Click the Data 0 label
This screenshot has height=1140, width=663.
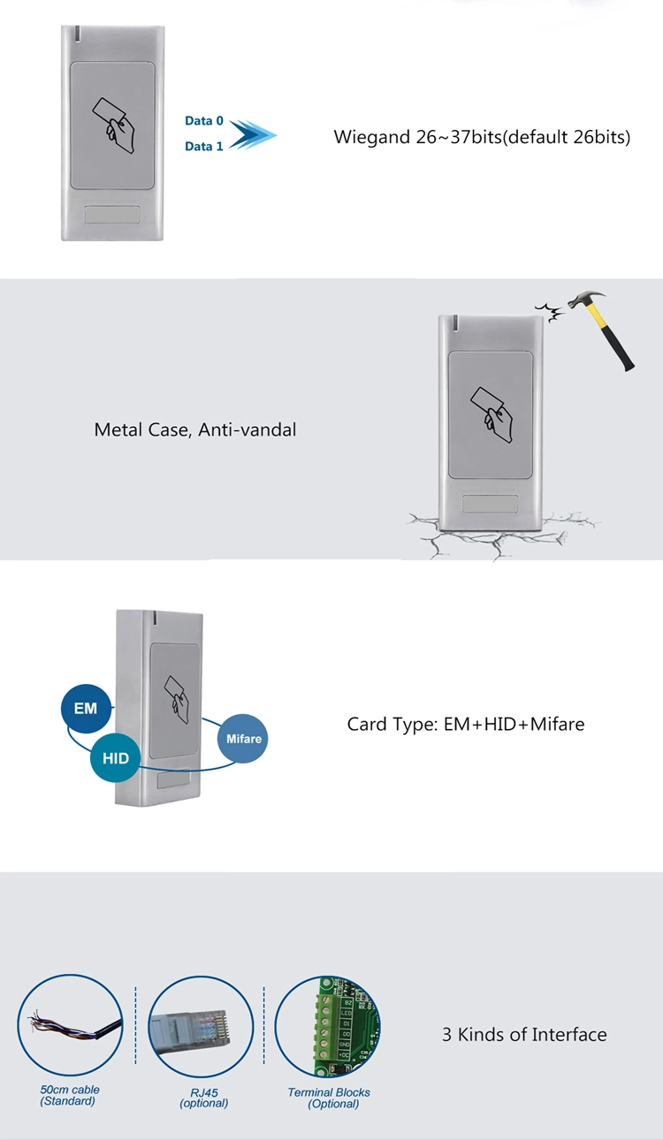[203, 120]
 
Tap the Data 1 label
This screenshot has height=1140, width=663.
[203, 147]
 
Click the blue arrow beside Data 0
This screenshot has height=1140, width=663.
[253, 134]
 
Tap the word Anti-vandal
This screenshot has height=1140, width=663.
[247, 429]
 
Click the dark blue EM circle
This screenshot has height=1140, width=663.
[86, 709]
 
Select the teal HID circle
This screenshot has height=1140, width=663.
[115, 758]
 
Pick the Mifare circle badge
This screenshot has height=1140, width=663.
[243, 739]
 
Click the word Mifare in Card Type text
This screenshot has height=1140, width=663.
[557, 724]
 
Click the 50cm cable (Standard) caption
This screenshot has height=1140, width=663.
[69, 1095]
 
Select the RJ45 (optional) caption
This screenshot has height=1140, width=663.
[203, 1098]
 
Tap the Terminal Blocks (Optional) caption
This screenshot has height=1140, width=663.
[329, 1098]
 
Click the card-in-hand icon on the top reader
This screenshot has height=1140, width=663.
[112, 125]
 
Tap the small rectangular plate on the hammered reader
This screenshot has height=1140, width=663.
[490, 504]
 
